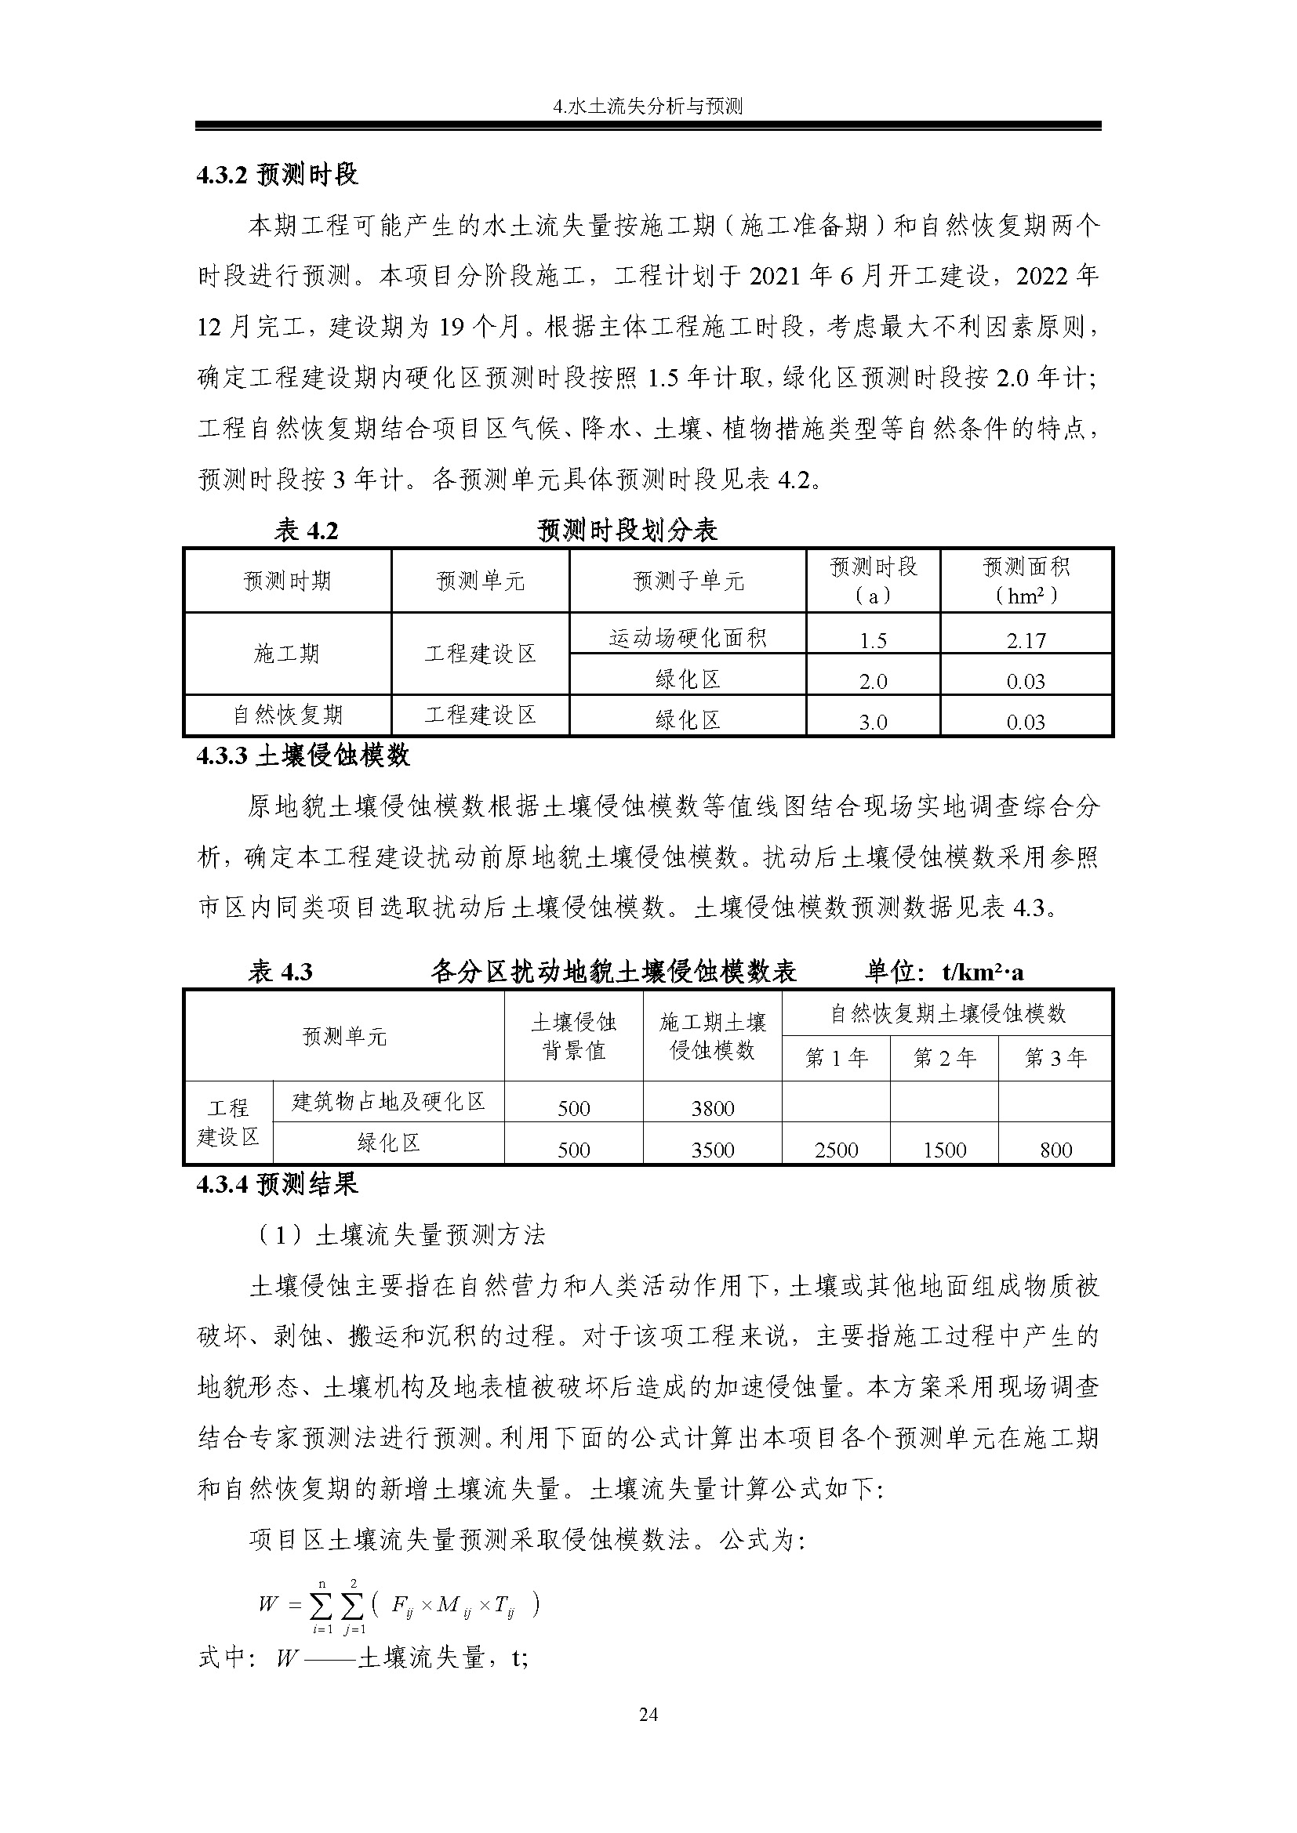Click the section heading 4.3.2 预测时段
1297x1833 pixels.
coord(277,175)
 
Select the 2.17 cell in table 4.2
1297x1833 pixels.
coord(1026,640)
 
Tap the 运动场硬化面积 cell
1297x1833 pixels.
coord(688,637)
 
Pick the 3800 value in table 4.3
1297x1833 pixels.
coord(712,1108)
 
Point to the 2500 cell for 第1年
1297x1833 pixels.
coord(836,1150)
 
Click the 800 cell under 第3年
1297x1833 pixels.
coord(1055,1150)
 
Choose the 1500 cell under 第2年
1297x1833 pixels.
coord(945,1150)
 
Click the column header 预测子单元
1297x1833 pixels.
coord(688,581)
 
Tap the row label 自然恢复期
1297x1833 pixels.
coord(288,715)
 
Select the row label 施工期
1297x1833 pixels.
coord(288,654)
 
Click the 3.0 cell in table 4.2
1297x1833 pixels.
coord(873,722)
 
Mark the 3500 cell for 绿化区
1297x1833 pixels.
coord(712,1150)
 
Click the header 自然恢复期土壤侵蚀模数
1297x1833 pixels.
coord(946,1014)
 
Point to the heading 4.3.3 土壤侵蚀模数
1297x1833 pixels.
coord(303,755)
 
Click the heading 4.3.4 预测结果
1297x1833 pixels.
coord(277,1184)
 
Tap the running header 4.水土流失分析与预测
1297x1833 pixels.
coord(648,106)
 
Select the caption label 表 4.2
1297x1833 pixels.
coord(306,530)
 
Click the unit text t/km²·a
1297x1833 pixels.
coord(983,972)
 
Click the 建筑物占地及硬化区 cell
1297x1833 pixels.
coord(388,1102)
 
